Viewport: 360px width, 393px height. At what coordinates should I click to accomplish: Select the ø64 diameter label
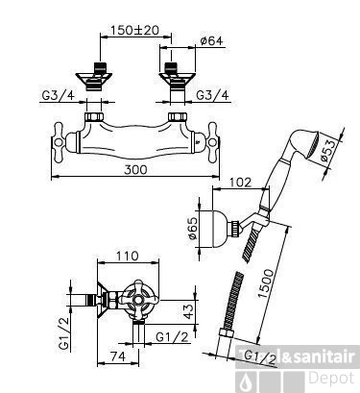[213, 40]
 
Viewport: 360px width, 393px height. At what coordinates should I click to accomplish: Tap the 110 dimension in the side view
[120, 258]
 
